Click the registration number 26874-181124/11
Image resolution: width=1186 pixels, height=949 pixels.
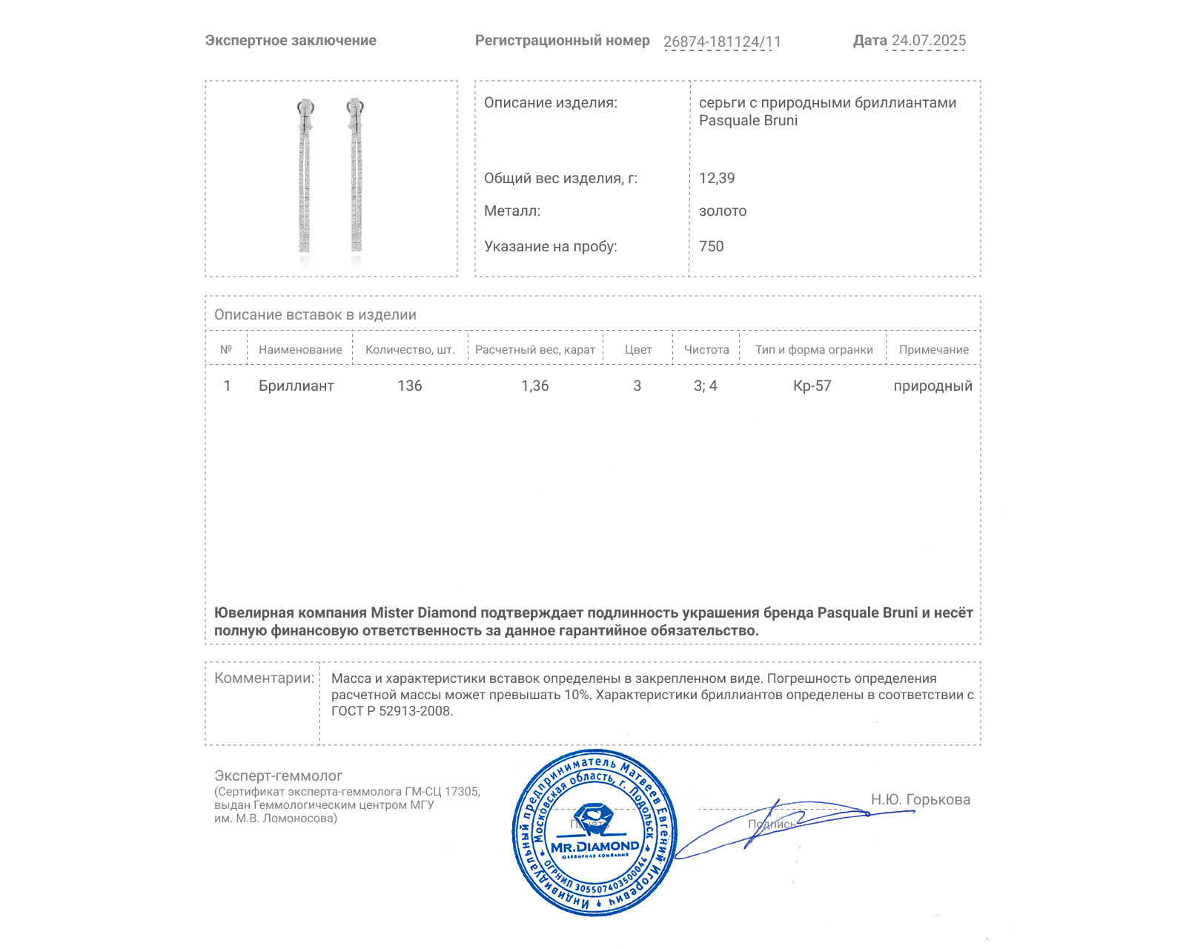point(722,42)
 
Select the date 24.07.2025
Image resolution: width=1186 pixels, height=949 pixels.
point(928,41)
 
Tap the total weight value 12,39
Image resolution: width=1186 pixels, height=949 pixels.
point(717,178)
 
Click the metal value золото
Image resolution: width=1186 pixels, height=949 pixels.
point(723,211)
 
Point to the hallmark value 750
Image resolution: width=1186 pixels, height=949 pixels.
point(711,246)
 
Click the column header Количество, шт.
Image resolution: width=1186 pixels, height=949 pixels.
point(410,349)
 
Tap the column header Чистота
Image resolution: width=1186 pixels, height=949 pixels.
point(706,349)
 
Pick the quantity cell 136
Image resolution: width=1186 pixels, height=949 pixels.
point(410,386)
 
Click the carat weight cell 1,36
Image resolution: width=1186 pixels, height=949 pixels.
point(535,386)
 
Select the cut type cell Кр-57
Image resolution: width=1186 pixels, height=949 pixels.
point(812,386)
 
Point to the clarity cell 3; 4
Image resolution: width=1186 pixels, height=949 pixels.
point(706,386)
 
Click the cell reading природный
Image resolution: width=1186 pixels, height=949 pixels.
point(932,386)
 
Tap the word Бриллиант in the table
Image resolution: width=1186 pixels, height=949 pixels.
point(296,386)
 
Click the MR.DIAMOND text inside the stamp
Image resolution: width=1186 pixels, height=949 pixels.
point(594,847)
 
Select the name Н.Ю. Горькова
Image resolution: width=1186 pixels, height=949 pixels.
point(920,799)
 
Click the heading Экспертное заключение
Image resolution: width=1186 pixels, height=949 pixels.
point(291,41)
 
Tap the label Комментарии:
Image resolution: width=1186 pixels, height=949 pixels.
point(264,678)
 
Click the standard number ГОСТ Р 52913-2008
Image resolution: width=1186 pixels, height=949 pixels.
point(391,711)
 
